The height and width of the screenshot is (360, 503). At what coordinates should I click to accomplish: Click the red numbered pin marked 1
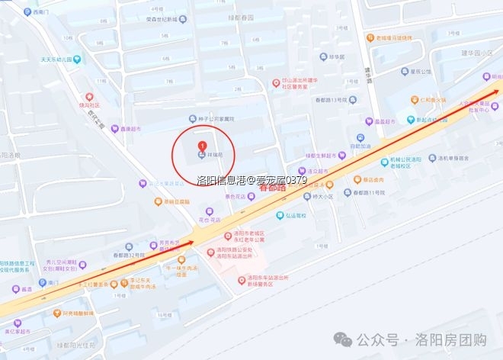point(201,146)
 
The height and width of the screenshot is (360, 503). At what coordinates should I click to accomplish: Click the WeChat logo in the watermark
point(347,339)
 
